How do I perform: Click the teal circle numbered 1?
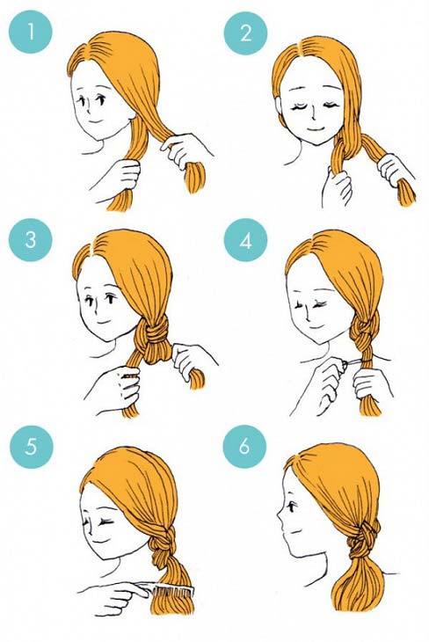point(31,32)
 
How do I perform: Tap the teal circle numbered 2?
point(245,33)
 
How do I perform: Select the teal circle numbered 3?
point(31,239)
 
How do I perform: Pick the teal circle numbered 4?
point(245,240)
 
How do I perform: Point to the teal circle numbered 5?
point(32,446)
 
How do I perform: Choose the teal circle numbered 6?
point(244,446)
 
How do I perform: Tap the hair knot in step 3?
point(155,334)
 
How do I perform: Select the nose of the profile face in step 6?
point(280,521)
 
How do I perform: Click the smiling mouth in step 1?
point(96,121)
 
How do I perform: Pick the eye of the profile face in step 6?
point(293,507)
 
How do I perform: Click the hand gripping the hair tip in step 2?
point(395,170)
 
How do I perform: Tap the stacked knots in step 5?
point(163,541)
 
